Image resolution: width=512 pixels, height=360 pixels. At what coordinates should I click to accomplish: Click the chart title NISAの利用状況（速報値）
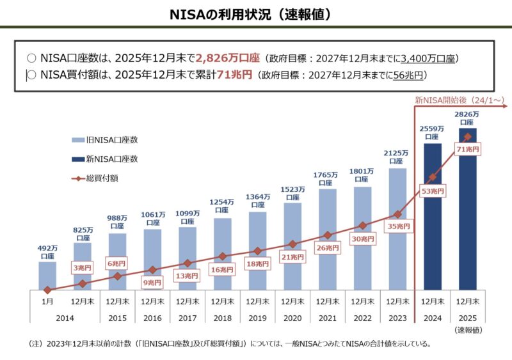[x=256, y=13]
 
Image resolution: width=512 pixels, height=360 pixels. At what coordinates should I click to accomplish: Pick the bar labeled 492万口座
[x=47, y=276]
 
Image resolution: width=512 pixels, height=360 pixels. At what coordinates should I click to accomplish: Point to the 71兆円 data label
[x=467, y=150]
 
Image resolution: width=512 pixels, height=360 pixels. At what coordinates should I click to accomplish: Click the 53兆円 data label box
[x=433, y=191]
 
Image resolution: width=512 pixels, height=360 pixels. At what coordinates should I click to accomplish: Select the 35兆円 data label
[x=397, y=226]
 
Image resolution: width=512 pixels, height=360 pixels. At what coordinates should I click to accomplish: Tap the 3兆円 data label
[x=83, y=267]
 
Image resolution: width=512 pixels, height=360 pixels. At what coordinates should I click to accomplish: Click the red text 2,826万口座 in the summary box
[x=228, y=58]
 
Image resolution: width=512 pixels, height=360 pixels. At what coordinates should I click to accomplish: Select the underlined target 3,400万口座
[x=428, y=59]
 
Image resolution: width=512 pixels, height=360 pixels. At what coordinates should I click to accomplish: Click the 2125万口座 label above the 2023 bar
[x=397, y=157]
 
